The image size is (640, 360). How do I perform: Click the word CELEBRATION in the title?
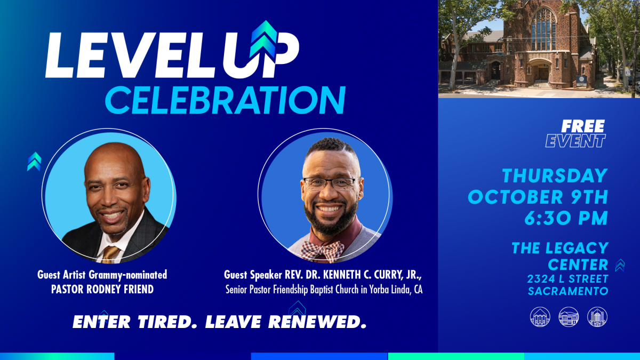(x=226, y=100)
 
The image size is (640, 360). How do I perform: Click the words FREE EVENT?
(x=575, y=133)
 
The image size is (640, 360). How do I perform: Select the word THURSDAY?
(x=555, y=175)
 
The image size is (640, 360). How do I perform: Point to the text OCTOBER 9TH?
(x=538, y=197)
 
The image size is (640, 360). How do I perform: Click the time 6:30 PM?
(x=566, y=218)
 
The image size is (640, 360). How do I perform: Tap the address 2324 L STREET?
(x=567, y=278)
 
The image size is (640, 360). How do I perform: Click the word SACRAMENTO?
(x=568, y=291)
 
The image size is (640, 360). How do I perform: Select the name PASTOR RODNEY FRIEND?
(x=102, y=289)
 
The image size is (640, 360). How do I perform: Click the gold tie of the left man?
(x=110, y=254)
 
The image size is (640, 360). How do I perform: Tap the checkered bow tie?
(x=322, y=251)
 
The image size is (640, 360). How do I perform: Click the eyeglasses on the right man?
(x=331, y=183)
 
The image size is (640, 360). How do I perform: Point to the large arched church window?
(x=543, y=29)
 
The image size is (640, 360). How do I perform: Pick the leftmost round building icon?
(x=540, y=317)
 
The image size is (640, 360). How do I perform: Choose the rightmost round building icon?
(x=597, y=317)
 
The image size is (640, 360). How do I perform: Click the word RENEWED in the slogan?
(x=317, y=322)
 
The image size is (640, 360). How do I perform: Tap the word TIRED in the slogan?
(x=167, y=322)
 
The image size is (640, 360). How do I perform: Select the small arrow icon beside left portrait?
(x=34, y=162)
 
